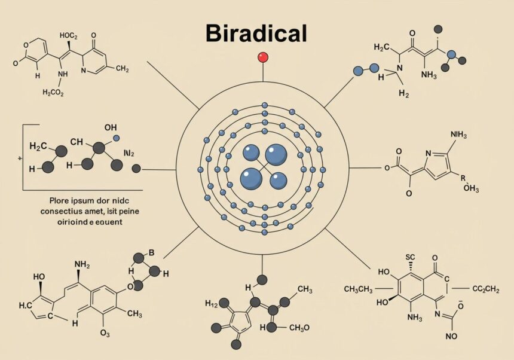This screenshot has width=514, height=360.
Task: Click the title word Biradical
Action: point(256,33)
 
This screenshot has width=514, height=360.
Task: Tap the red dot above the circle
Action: point(262,57)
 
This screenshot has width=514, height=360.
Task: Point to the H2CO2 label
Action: point(54,92)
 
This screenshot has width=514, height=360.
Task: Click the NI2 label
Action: point(128,153)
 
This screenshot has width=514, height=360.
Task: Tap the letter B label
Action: point(151,252)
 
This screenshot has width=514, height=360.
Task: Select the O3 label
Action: point(105,332)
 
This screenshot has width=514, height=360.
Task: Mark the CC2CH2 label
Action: point(486,289)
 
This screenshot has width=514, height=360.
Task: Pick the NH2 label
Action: point(82,264)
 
